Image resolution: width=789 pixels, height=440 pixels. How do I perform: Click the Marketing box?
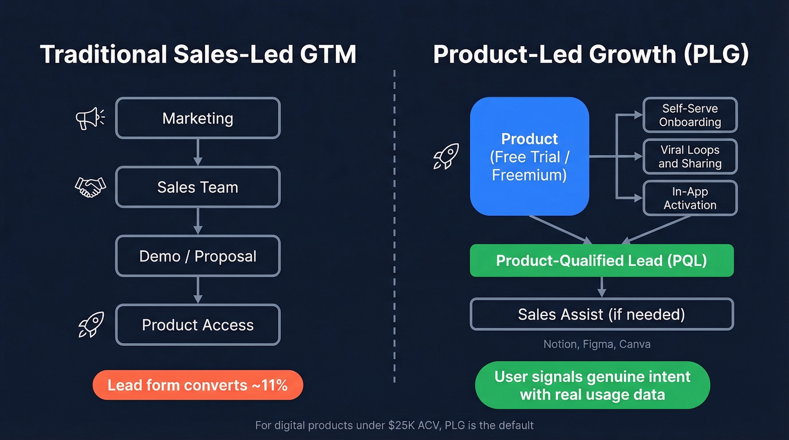pyautogui.click(x=198, y=118)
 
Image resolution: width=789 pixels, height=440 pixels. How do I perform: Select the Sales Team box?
pyautogui.click(x=198, y=187)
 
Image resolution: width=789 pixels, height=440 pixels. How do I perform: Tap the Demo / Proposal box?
pyautogui.click(x=198, y=256)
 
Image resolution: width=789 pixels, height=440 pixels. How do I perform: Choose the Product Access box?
pyautogui.click(x=198, y=325)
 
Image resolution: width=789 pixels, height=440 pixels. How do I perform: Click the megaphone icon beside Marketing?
pyautogui.click(x=90, y=118)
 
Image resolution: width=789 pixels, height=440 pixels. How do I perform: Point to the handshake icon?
pyautogui.click(x=90, y=187)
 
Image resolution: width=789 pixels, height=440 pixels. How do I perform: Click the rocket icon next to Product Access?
pyautogui.click(x=91, y=325)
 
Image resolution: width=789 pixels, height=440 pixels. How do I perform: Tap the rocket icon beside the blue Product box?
pyautogui.click(x=446, y=156)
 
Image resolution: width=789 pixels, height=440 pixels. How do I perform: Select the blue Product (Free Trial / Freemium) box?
pyautogui.click(x=529, y=156)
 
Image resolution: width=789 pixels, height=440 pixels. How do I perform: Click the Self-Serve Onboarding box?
pyautogui.click(x=690, y=115)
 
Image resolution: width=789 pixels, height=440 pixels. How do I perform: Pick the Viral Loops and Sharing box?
pyautogui.click(x=690, y=157)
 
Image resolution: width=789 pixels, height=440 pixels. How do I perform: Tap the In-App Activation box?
pyautogui.click(x=690, y=198)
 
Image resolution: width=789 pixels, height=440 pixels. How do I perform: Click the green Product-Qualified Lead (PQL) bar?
pyautogui.click(x=601, y=260)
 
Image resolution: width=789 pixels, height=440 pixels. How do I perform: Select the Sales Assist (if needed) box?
pyautogui.click(x=601, y=314)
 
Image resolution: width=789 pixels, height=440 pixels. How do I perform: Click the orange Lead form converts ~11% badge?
pyautogui.click(x=198, y=385)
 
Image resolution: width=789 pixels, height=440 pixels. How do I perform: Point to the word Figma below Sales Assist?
pyautogui.click(x=598, y=344)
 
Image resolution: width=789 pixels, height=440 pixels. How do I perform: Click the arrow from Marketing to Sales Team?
pyautogui.click(x=198, y=152)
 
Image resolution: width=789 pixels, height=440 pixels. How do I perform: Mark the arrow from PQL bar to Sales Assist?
pyautogui.click(x=601, y=287)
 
